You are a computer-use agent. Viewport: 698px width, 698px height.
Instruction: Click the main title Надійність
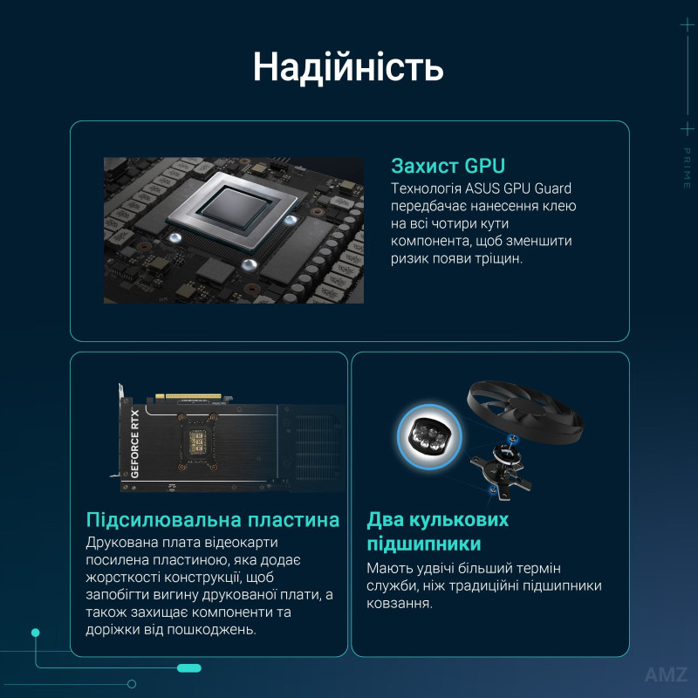click(348, 67)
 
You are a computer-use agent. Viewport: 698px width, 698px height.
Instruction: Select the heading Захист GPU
click(448, 166)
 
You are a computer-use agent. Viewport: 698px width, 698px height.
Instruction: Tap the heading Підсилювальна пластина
click(213, 520)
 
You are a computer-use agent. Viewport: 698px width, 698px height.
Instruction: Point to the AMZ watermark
click(666, 674)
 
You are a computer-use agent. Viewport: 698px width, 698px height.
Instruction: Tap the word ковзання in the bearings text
click(399, 604)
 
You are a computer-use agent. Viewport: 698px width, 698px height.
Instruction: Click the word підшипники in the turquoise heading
click(424, 544)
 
